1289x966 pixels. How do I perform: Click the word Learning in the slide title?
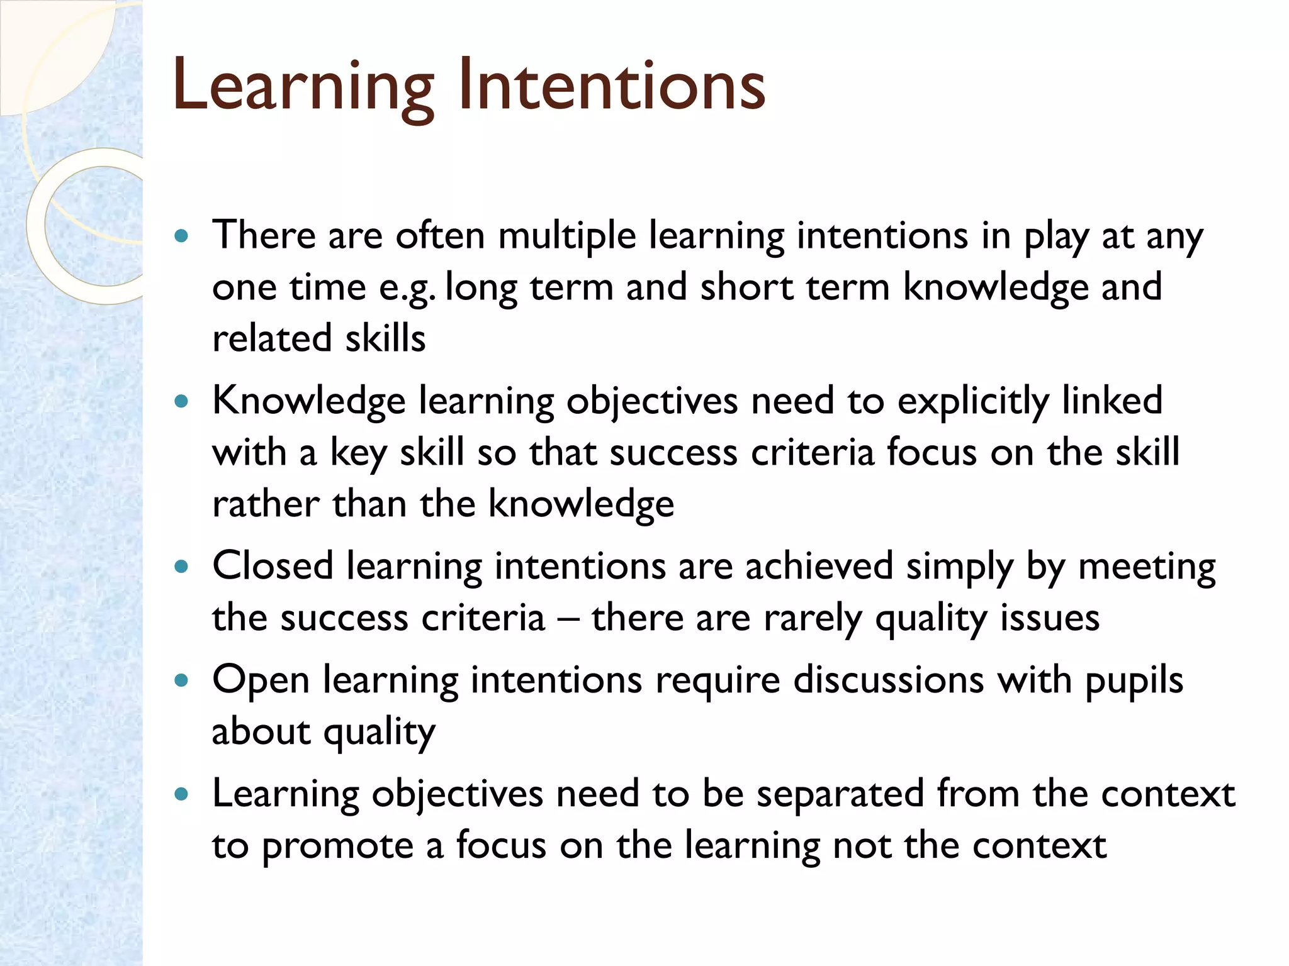click(303, 85)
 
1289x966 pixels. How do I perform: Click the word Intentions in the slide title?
click(611, 85)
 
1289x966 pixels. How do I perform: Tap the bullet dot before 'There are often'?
click(182, 236)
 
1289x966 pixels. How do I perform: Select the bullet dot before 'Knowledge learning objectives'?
click(182, 402)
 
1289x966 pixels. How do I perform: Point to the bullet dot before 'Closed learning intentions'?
click(182, 567)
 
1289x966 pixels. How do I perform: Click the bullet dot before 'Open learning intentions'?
click(182, 680)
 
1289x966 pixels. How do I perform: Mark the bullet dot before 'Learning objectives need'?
click(182, 794)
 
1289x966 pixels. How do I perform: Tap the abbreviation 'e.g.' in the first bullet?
click(407, 288)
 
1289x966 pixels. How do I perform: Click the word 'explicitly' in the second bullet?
click(973, 402)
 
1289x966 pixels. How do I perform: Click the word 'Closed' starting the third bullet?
click(273, 566)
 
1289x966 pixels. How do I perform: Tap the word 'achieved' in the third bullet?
click(819, 566)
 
